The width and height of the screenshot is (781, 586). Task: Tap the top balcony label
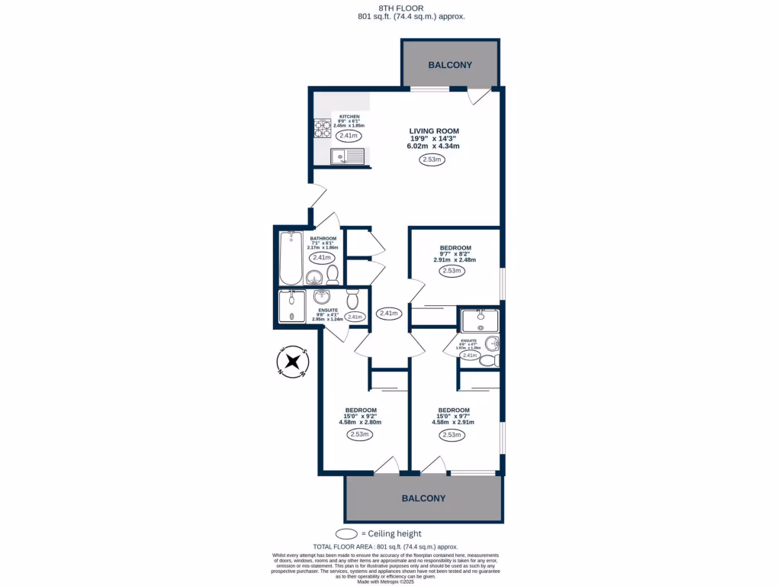[450, 66]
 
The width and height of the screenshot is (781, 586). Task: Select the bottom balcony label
[424, 498]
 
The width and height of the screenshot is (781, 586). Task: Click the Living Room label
[433, 131]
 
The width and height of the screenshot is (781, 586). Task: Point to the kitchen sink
[348, 156]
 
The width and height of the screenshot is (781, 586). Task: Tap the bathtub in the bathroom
[291, 257]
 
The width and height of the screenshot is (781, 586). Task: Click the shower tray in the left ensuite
[291, 307]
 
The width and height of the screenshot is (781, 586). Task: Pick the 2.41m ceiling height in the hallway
[388, 313]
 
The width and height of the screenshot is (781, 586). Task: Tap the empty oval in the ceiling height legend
[348, 533]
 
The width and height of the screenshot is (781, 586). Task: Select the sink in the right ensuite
[479, 316]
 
